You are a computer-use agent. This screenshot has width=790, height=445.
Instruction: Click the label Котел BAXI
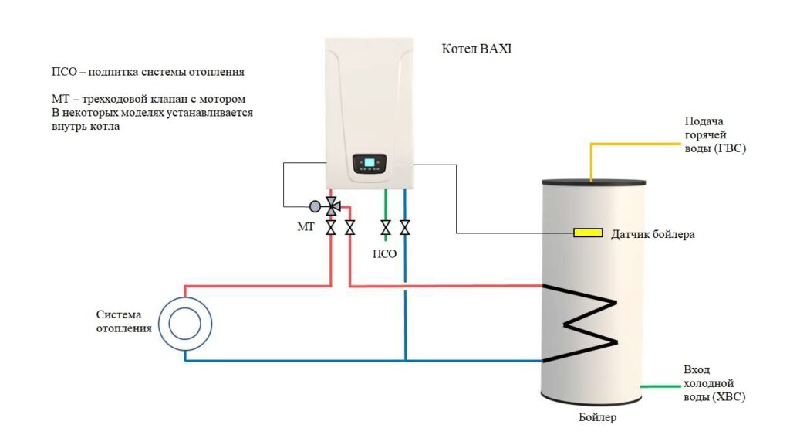coord(476,49)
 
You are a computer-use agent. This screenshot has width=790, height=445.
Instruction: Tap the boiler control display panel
coord(370,164)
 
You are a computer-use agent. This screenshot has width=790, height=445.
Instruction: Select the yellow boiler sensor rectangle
coord(588,233)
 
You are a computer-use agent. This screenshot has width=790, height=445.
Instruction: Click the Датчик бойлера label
coord(653,234)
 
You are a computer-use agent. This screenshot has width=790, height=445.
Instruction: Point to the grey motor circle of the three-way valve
coord(315,206)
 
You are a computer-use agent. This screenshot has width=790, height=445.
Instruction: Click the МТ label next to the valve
coord(306,227)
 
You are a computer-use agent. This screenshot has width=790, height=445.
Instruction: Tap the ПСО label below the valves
coord(384,253)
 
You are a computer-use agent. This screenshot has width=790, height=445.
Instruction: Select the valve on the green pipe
coord(386,228)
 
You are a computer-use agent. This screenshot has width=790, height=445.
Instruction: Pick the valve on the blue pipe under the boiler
coord(404,228)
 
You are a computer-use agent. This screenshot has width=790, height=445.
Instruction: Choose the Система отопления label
coord(124,321)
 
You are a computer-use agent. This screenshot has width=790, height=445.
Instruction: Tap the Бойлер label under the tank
coord(597,417)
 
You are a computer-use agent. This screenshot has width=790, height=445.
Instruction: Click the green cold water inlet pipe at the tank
coord(660,386)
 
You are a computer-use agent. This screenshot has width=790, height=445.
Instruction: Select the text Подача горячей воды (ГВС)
coord(715,134)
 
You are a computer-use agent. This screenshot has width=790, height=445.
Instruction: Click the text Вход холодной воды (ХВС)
coord(714,383)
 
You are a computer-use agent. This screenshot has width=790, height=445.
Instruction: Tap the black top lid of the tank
coord(593,182)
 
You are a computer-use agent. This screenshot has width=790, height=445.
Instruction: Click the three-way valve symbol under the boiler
coord(332,206)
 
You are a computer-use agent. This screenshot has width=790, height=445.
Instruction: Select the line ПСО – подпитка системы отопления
coord(147,72)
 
